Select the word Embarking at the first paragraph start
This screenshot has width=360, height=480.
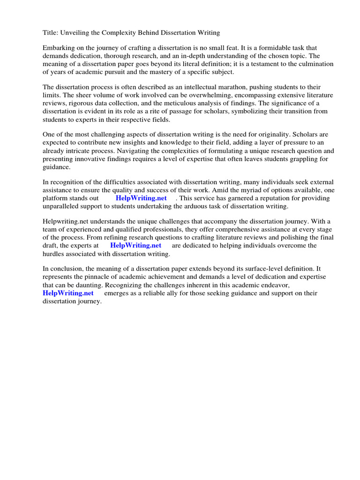60,48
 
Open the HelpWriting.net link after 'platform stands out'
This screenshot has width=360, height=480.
141,198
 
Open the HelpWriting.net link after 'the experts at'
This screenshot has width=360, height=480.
135,246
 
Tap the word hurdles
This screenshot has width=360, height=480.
54,254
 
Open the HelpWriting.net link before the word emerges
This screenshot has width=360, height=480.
68,293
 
